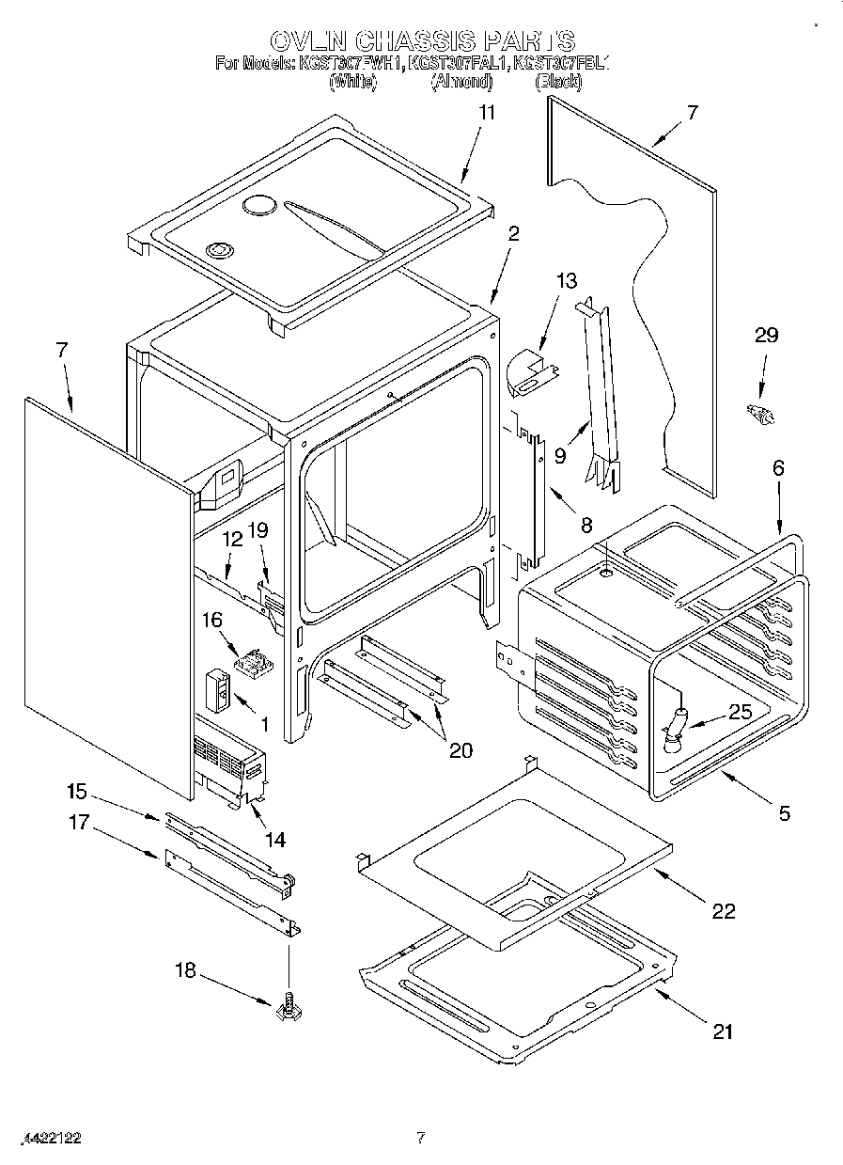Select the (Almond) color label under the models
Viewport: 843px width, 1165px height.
pyautogui.click(x=461, y=83)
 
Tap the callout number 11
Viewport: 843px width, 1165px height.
pyautogui.click(x=487, y=111)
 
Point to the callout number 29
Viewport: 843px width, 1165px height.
pyautogui.click(x=767, y=336)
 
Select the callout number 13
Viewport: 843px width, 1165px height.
pyautogui.click(x=567, y=281)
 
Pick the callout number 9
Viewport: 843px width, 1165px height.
pyautogui.click(x=559, y=455)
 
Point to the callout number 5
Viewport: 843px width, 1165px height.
pyautogui.click(x=784, y=813)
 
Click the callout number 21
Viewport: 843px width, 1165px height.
pyautogui.click(x=722, y=1031)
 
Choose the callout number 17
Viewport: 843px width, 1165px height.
pyautogui.click(x=78, y=824)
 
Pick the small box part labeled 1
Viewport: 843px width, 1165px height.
pyautogui.click(x=219, y=691)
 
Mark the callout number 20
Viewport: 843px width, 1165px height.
pyautogui.click(x=461, y=749)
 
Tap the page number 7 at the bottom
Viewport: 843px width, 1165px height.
pyautogui.click(x=421, y=1138)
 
